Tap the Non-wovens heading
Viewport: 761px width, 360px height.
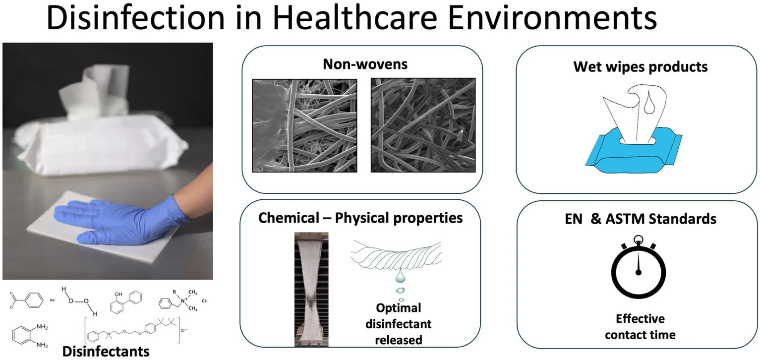[365, 64]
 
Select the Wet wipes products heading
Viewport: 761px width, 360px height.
[641, 66]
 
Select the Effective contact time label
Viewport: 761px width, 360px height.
[640, 327]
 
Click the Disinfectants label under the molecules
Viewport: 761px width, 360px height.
[106, 351]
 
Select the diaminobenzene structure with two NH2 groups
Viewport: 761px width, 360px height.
[30, 336]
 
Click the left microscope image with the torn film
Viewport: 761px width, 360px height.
[304, 125]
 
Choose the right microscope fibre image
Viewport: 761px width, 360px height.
[423, 125]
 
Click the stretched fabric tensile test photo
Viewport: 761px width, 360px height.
[311, 289]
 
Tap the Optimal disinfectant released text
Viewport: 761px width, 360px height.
[398, 324]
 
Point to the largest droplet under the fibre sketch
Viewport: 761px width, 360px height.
[401, 276]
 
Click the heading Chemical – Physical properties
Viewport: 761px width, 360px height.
[360, 218]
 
